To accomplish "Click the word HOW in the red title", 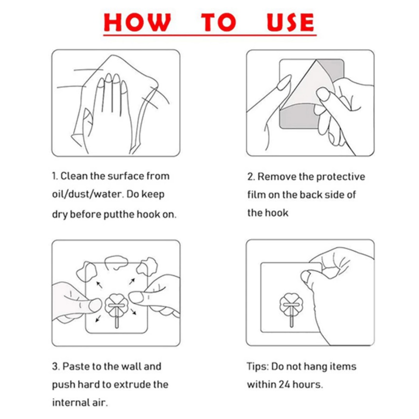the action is [137, 22].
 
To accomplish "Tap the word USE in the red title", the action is [291, 22].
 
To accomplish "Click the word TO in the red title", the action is [219, 22].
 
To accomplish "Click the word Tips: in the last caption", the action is [257, 367].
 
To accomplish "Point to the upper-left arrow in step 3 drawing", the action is [99, 284].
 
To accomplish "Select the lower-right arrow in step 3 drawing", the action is [133, 312].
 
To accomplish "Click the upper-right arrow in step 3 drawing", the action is [132, 281].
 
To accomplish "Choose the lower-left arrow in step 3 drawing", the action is [98, 318].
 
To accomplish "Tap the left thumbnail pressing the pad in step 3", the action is [95, 305].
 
